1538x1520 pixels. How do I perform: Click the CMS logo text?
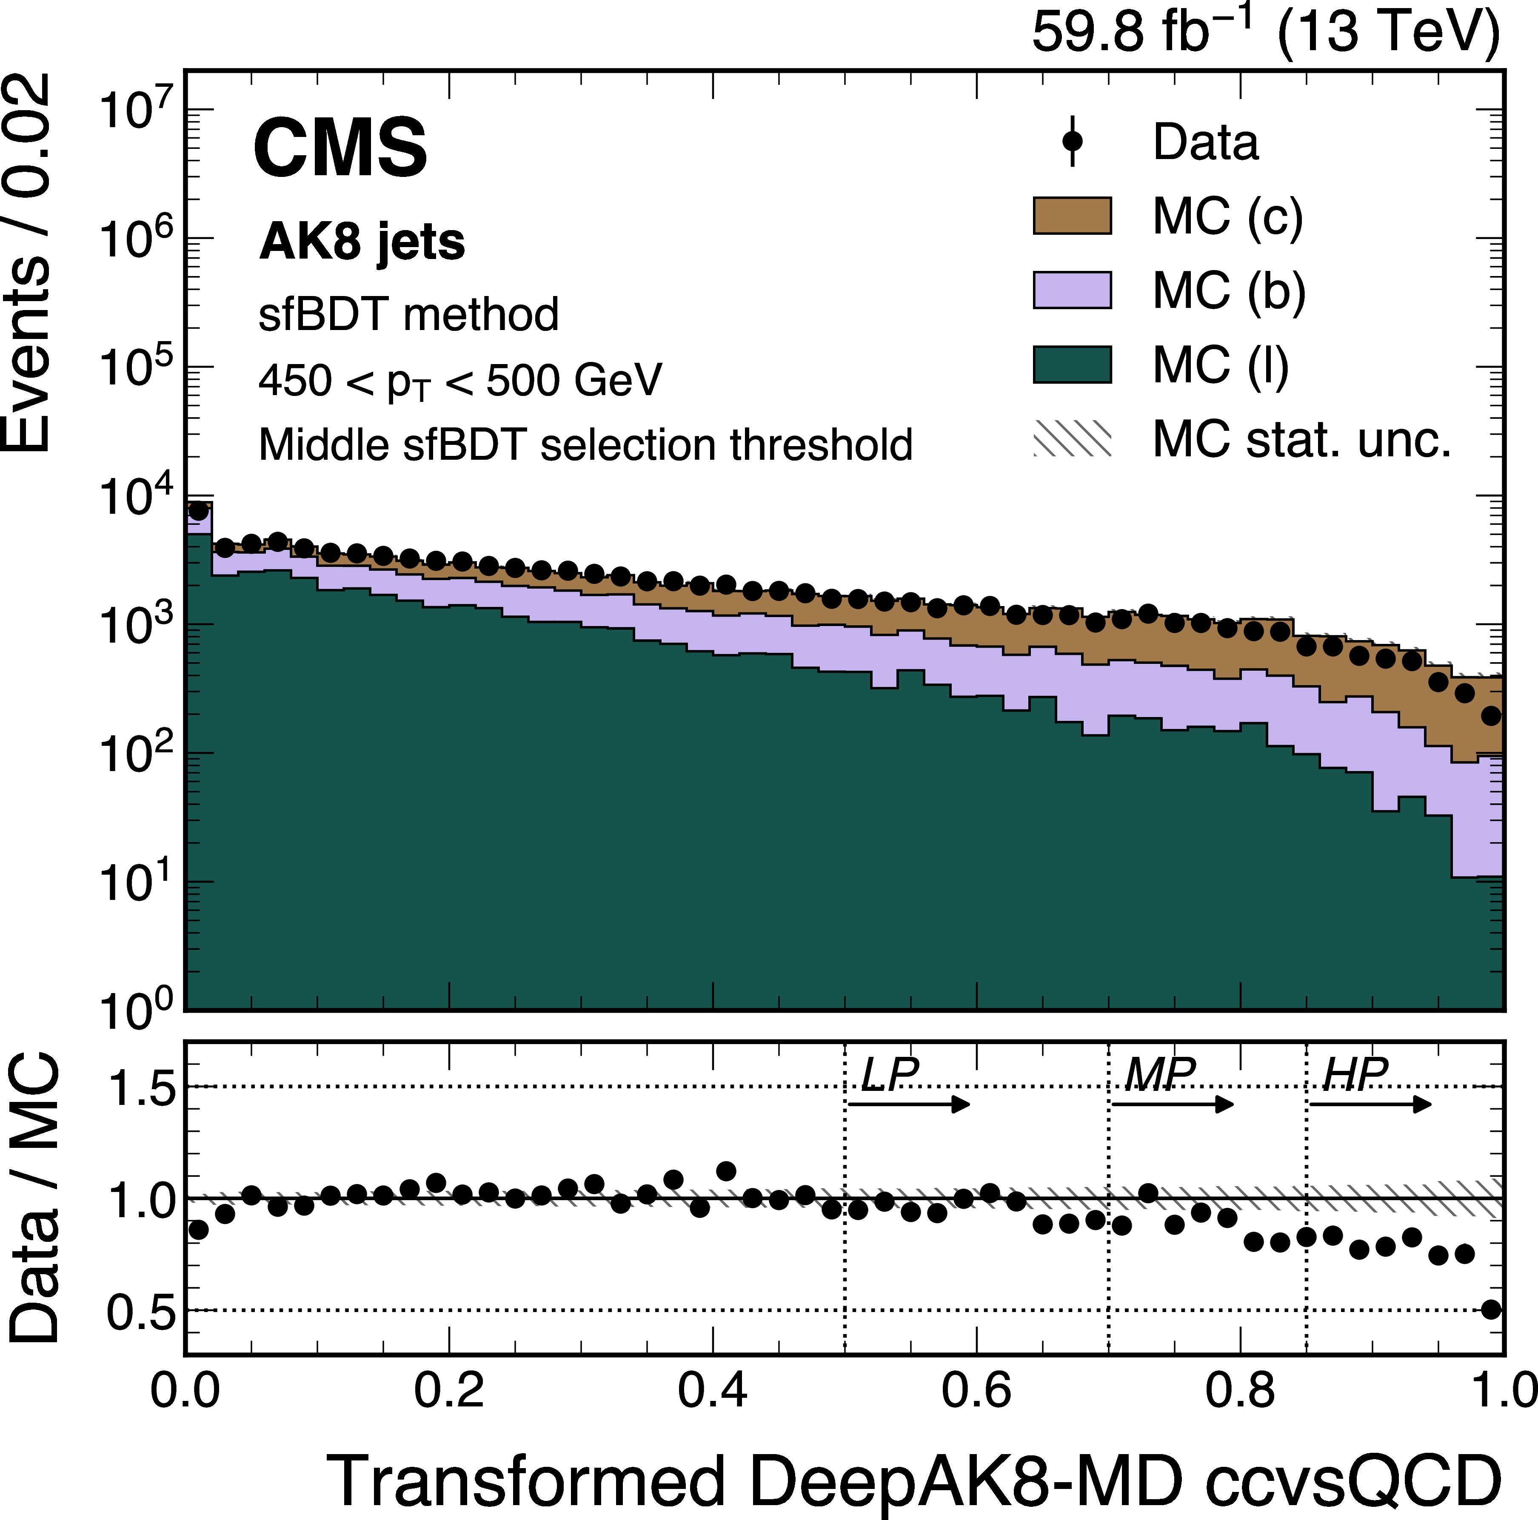[341, 148]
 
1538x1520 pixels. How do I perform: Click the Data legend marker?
[1072, 142]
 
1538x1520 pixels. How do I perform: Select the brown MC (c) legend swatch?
[1072, 216]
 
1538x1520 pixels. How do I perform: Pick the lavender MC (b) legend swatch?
[1072, 290]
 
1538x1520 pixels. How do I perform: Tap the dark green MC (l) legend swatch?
[1072, 364]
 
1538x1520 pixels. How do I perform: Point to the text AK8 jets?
[362, 241]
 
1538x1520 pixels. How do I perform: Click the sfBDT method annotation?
[408, 314]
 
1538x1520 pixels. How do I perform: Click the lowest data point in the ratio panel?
[1491, 1309]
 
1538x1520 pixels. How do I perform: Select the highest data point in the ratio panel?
[726, 1171]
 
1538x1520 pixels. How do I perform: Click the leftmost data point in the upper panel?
[198, 510]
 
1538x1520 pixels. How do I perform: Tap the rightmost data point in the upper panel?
[1491, 716]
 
